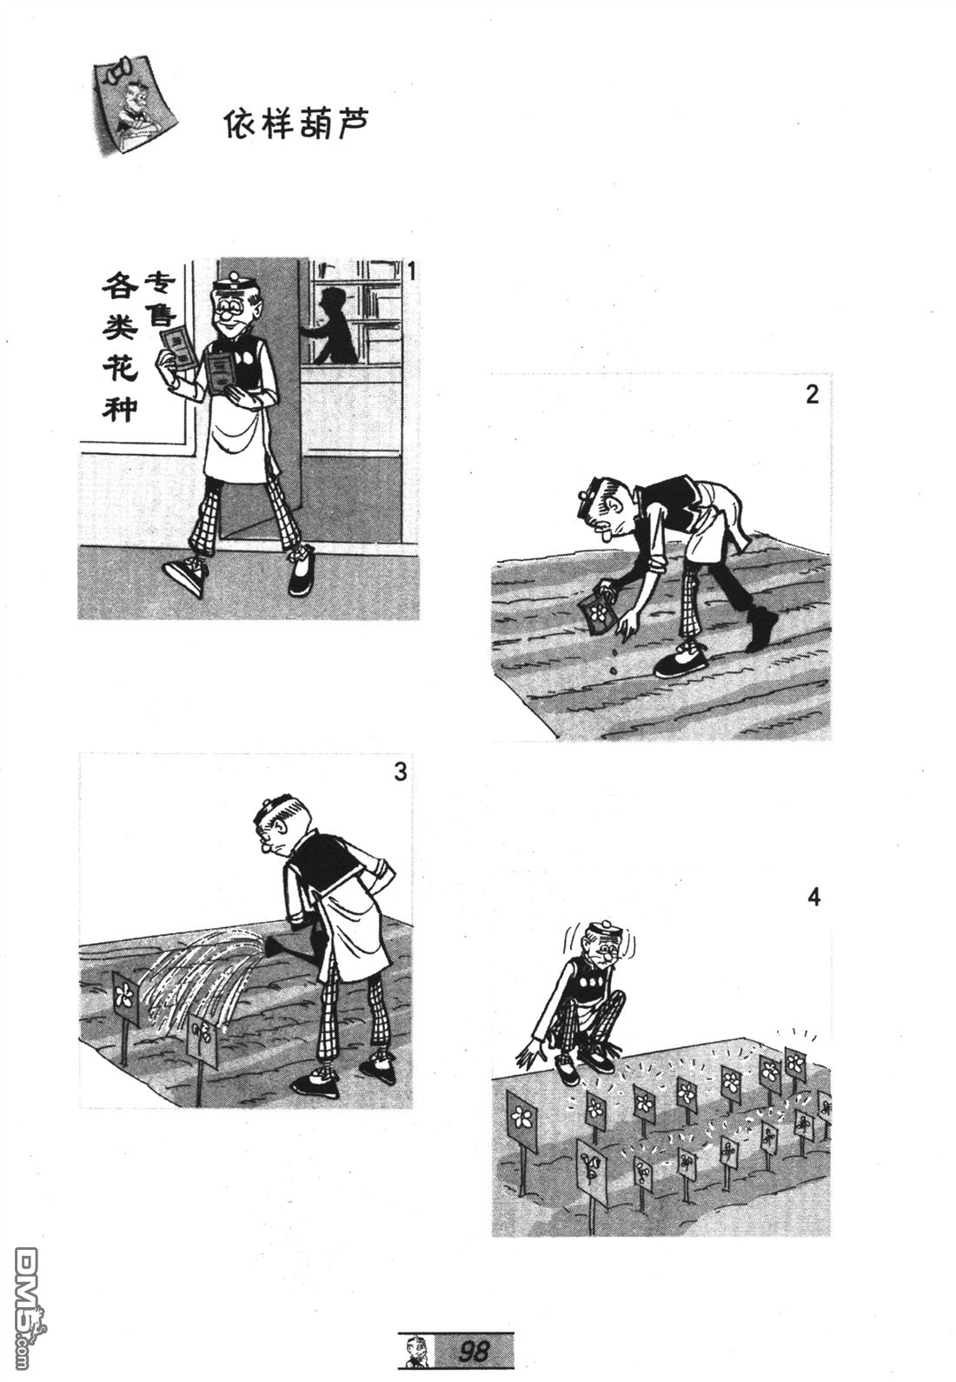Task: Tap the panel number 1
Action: pyautogui.click(x=411, y=271)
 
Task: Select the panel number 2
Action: pyautogui.click(x=812, y=394)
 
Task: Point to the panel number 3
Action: pyautogui.click(x=400, y=771)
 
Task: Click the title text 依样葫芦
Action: pyautogui.click(x=295, y=124)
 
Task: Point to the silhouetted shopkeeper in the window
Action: pyautogui.click(x=333, y=326)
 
